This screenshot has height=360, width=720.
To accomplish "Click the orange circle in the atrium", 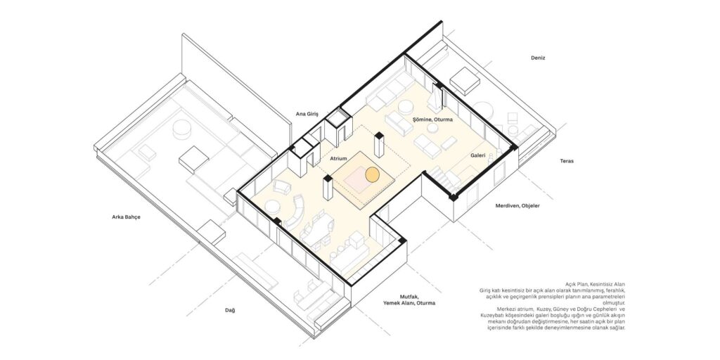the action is [x=372, y=174].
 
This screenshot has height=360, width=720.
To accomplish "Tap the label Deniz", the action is [x=538, y=58].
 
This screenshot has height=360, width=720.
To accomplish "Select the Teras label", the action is [x=567, y=161].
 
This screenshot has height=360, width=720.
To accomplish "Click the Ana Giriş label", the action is [x=307, y=113].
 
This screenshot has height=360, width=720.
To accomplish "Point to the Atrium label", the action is [x=338, y=158].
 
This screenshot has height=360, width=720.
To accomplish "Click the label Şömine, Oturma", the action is [x=432, y=120].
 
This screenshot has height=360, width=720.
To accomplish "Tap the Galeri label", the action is [x=477, y=155].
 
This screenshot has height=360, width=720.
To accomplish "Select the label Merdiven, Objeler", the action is [x=517, y=206].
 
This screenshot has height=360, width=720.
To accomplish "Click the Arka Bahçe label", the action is [x=127, y=217].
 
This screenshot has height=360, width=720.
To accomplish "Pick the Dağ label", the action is [x=230, y=310].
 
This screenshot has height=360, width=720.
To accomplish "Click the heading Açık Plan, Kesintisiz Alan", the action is [x=595, y=285].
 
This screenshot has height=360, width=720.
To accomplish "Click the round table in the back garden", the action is [x=181, y=129].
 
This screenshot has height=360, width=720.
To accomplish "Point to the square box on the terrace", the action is [x=465, y=81].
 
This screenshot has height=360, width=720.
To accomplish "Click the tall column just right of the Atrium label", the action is [x=379, y=145].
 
